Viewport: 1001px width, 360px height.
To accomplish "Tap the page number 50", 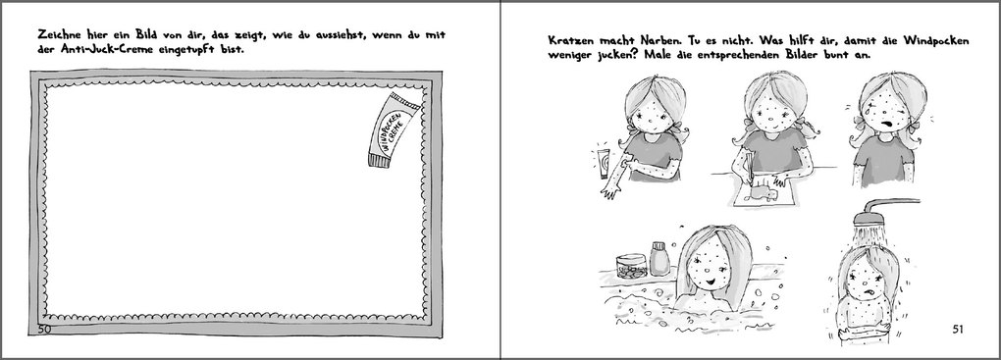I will (45, 328).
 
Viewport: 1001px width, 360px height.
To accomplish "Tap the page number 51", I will (960, 328).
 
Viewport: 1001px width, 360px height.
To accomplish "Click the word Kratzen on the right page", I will (573, 43).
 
